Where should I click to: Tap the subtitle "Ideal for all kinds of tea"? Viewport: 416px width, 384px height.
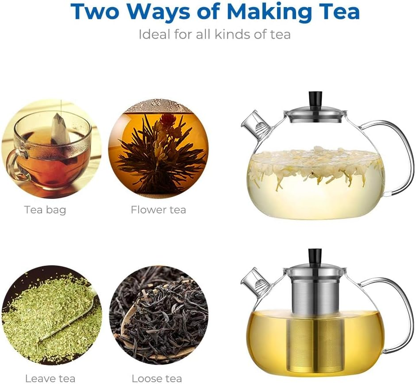tap(215, 34)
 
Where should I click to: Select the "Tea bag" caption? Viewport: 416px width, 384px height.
tap(45, 209)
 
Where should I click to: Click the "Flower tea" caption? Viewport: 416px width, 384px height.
tap(158, 209)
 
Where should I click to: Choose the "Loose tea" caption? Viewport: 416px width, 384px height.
tap(157, 378)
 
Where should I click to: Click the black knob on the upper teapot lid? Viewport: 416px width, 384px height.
tap(315, 97)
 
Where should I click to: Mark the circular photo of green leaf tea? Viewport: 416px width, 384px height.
tap(51, 315)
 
